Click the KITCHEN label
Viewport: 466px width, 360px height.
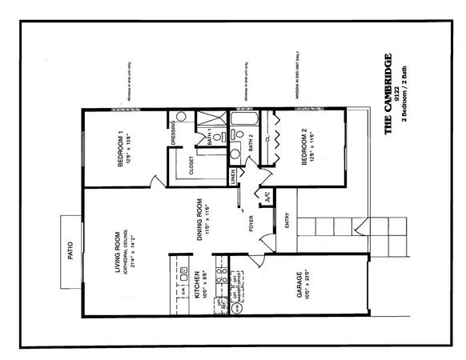click(197, 285)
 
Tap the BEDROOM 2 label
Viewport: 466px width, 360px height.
click(303, 149)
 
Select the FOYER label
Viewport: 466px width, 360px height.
click(251, 224)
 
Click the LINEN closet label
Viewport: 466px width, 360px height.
click(234, 176)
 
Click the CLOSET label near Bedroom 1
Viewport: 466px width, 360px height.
click(191, 165)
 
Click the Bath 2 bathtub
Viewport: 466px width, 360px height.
click(239, 122)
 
